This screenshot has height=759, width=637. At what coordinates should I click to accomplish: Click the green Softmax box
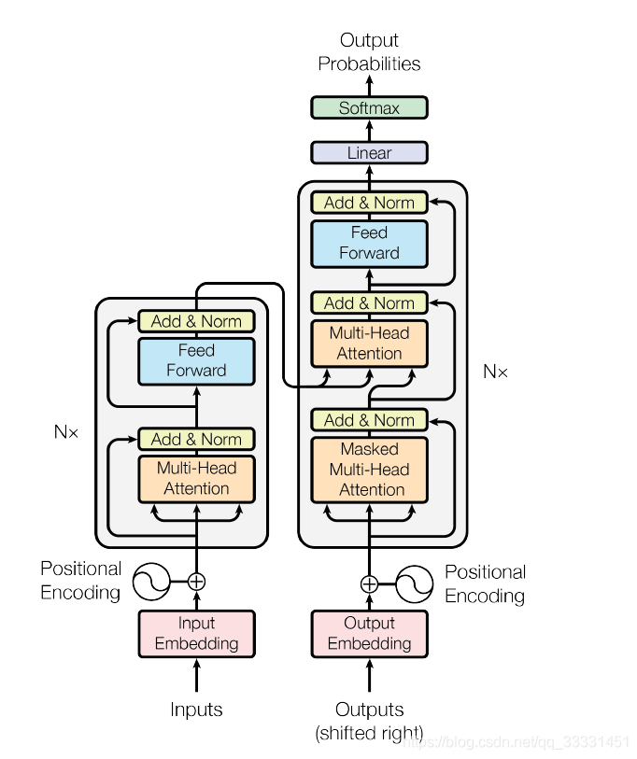pyautogui.click(x=369, y=107)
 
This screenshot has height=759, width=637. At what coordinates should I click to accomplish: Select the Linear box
pyautogui.click(x=369, y=152)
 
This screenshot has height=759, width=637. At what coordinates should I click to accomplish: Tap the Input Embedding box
pyautogui.click(x=196, y=633)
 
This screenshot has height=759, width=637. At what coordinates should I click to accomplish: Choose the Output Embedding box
pyautogui.click(x=369, y=633)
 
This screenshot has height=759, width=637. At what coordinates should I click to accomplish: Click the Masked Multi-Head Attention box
pyautogui.click(x=369, y=469)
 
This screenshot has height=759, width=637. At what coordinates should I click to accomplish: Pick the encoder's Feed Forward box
pyautogui.click(x=196, y=360)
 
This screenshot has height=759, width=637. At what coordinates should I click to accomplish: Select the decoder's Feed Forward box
pyautogui.click(x=369, y=243)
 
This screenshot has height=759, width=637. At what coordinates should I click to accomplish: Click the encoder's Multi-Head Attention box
pyautogui.click(x=196, y=478)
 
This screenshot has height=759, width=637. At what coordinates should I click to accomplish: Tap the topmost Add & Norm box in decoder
pyautogui.click(x=369, y=202)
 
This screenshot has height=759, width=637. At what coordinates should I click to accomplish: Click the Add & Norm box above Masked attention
pyautogui.click(x=369, y=420)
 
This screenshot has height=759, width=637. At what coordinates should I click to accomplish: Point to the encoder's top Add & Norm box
pyautogui.click(x=196, y=321)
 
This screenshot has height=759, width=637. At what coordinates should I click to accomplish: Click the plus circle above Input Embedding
pyautogui.click(x=196, y=582)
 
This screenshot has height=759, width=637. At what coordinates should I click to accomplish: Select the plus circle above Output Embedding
pyautogui.click(x=369, y=584)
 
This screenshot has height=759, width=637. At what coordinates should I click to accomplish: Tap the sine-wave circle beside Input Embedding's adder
pyautogui.click(x=150, y=582)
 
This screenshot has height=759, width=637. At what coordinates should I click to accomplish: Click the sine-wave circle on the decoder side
pyautogui.click(x=415, y=584)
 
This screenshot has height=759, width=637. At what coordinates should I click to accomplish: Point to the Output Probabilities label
pyautogui.click(x=369, y=52)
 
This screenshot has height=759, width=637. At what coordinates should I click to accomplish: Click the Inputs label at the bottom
pyautogui.click(x=196, y=710)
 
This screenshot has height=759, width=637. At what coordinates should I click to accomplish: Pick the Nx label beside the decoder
pyautogui.click(x=495, y=372)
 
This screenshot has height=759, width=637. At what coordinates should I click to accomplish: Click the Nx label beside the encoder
pyautogui.click(x=66, y=432)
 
